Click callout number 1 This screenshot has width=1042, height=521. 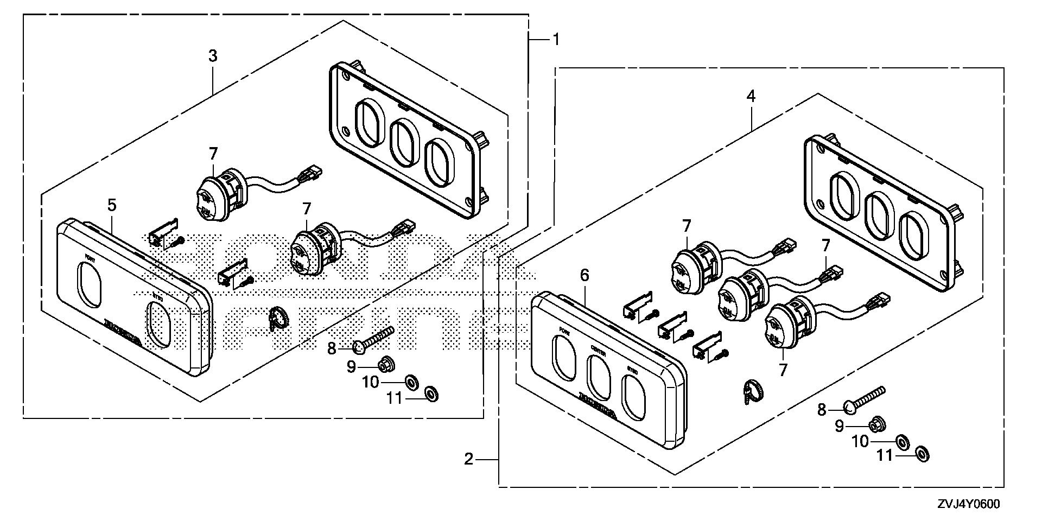click(556, 39)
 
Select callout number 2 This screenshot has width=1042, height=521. click(469, 460)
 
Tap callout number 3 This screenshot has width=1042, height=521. click(213, 55)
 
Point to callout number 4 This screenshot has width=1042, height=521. click(751, 96)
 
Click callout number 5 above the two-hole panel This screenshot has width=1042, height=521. click(111, 205)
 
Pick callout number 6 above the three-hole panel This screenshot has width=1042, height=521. click(584, 275)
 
